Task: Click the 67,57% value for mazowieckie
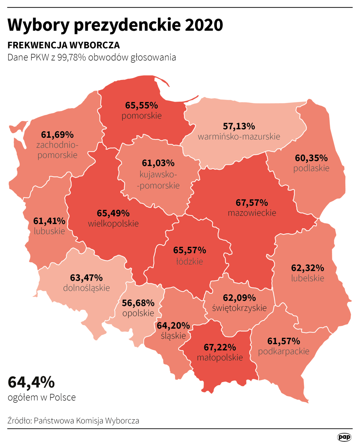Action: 252,203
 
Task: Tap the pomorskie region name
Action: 142,116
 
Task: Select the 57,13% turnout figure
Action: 239,126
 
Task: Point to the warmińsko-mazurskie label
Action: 239,137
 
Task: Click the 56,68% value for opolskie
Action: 138,303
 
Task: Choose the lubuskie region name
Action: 50,231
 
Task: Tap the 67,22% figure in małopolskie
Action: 220,347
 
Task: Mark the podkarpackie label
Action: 284,351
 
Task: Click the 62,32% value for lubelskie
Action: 308,268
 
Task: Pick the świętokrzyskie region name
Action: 239,308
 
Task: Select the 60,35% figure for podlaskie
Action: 311,158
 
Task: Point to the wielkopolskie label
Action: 113,224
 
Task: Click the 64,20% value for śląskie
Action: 173,325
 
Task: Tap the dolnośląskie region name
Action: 86,288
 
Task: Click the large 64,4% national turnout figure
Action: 31,382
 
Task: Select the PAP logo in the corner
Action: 344,437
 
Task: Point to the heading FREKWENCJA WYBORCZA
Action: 64,45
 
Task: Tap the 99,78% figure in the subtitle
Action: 71,57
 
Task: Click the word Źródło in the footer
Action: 19,421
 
